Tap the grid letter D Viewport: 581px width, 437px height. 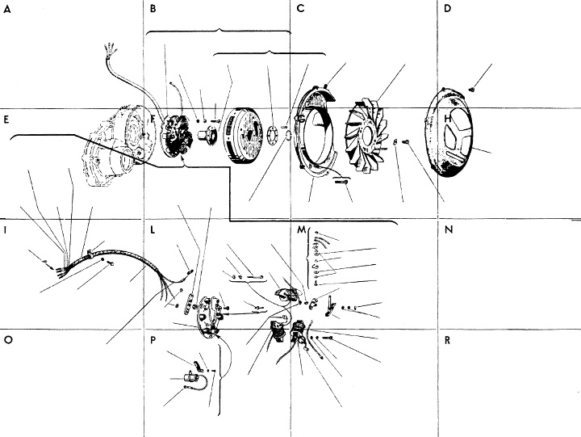point(447,10)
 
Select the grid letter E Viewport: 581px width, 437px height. point(6,120)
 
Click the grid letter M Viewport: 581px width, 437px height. point(301,230)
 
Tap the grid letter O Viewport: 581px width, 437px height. point(7,340)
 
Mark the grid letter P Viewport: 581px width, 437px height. point(153,340)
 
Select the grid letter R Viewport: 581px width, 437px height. point(447,340)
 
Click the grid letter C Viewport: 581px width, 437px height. point(300,10)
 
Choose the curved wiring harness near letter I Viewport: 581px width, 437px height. point(137,263)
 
